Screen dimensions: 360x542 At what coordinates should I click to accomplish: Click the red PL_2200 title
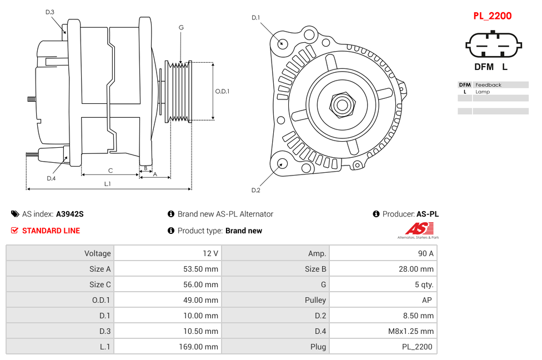coord(492,16)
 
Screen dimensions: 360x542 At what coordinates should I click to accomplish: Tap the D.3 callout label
coord(50,12)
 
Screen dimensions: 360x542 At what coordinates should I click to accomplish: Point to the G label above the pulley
coord(181,27)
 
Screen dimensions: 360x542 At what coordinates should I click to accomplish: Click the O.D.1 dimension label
coord(222,91)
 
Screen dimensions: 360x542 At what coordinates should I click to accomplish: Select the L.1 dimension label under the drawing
coord(108,183)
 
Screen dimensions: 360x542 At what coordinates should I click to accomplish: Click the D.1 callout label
coord(255,18)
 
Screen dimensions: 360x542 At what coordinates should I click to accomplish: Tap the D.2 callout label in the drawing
coord(255,190)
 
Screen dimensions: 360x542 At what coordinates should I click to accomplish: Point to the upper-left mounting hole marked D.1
coord(282,43)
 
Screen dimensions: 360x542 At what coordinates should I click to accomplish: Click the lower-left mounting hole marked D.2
coord(282,163)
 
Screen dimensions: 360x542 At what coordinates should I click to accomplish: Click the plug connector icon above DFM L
coord(494,45)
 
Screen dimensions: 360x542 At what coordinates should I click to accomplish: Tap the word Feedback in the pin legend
coord(488,85)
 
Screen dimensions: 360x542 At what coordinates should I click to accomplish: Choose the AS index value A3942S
coord(69,214)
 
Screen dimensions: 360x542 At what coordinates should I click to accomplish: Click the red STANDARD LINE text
coord(51,231)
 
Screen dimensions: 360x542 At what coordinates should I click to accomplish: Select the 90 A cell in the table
coord(425,253)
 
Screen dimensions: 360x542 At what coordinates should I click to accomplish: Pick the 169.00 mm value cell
coord(201,347)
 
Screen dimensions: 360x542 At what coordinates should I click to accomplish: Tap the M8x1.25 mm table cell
coord(410,331)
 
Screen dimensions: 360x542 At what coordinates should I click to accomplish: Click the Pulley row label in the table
coord(315,300)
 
